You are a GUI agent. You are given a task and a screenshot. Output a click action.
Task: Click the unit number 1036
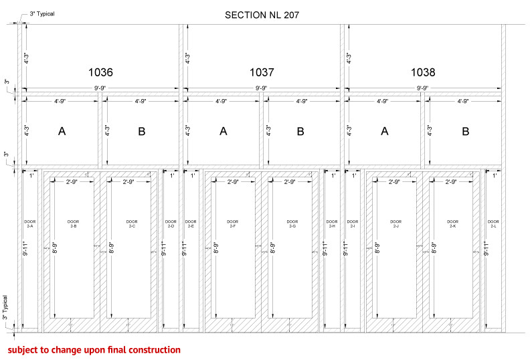[100, 72]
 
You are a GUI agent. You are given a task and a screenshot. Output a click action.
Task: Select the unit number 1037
[262, 72]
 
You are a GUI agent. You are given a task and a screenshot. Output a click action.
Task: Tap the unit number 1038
[423, 72]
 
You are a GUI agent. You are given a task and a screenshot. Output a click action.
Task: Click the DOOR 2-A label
[29, 223]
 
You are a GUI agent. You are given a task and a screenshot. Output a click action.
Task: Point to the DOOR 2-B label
[73, 223]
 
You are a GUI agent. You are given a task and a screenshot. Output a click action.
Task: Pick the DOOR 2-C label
[132, 223]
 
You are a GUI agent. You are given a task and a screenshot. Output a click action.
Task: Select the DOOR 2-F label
[233, 223]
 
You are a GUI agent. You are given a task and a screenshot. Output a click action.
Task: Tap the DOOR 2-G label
[292, 223]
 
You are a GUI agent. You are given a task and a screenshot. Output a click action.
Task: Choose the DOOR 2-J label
[395, 223]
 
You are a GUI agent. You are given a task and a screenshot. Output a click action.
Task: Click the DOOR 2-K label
[453, 223]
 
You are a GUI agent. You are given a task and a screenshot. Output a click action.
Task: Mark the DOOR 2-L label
[493, 223]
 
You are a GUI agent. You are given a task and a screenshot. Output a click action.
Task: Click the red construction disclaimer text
[94, 350]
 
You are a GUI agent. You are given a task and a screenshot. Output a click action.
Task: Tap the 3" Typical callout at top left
[41, 13]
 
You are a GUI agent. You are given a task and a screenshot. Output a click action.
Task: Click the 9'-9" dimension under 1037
[262, 88]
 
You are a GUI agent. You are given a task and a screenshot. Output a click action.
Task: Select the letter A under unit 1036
[62, 132]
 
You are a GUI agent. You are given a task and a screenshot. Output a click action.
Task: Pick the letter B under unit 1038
[465, 132]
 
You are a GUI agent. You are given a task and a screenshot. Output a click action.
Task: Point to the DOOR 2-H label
[332, 223]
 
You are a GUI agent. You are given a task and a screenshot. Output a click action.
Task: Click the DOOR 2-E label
[191, 223]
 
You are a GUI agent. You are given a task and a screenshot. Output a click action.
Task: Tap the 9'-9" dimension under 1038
[423, 88]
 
